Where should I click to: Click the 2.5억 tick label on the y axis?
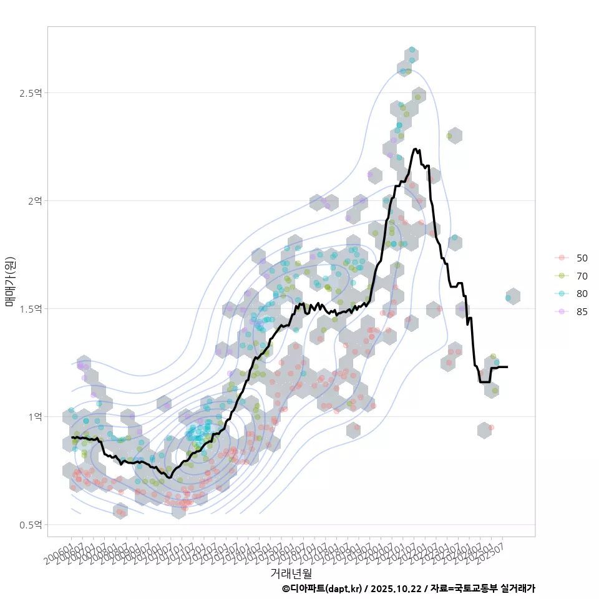point(31,93)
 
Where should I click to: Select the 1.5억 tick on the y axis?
point(31,309)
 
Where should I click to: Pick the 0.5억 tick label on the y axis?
point(31,525)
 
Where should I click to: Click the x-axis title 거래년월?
point(291,572)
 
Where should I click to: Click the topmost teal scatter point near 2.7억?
point(412,49)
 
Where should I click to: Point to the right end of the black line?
point(507,367)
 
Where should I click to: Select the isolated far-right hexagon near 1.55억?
point(513,297)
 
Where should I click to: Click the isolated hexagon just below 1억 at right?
point(484,430)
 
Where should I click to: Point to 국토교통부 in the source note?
point(477,588)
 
